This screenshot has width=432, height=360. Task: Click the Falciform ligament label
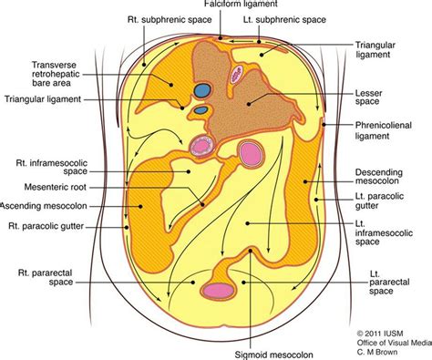(x=216, y=5)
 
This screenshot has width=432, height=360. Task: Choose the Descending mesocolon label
(x=381, y=177)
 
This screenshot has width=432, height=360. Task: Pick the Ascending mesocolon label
(x=46, y=206)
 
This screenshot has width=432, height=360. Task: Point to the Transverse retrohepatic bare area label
(x=60, y=73)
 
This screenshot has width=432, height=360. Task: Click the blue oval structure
(x=202, y=91)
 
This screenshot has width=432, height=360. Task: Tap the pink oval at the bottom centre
(x=219, y=292)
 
